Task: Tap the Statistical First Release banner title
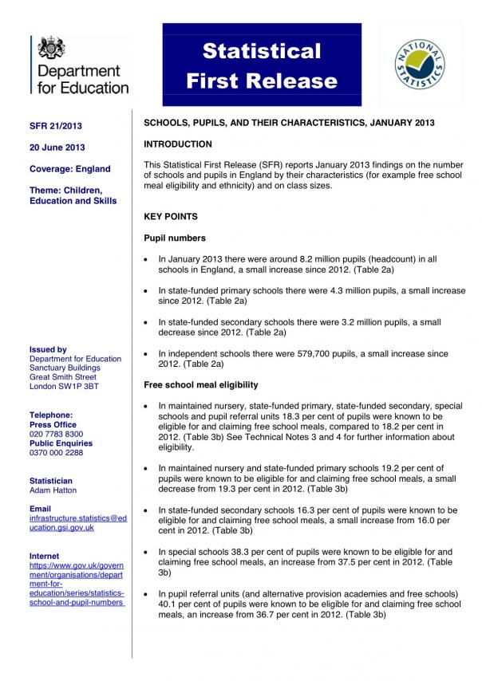[x=261, y=65]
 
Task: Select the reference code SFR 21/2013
[x=55, y=127]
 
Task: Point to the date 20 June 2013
[x=57, y=148]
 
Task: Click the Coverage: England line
[x=69, y=169]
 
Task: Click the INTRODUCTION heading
[x=177, y=144]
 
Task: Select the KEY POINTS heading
[x=170, y=217]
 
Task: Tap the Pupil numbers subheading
[x=174, y=238]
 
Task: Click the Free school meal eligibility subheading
[x=200, y=385]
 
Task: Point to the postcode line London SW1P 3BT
[x=64, y=386]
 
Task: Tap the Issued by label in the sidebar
[x=48, y=349]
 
